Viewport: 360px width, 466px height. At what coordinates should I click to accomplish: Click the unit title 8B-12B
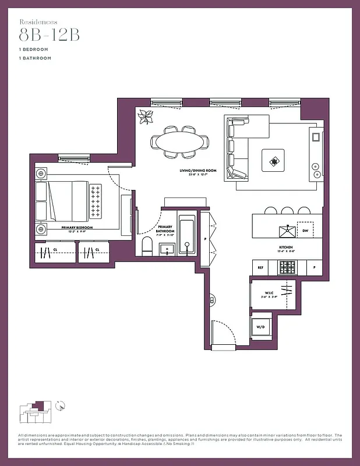pyautogui.click(x=48, y=34)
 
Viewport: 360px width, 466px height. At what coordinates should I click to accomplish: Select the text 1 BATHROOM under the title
pyautogui.click(x=34, y=58)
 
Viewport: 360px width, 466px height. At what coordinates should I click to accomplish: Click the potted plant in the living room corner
pyautogui.click(x=144, y=118)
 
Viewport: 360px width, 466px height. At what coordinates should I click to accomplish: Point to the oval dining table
pyautogui.click(x=179, y=142)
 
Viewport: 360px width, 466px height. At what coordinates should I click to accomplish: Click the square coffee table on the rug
pyautogui.click(x=273, y=160)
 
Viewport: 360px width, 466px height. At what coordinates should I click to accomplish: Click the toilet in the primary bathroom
pyautogui.click(x=147, y=246)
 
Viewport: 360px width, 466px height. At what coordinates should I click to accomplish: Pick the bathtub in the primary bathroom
pyautogui.click(x=188, y=236)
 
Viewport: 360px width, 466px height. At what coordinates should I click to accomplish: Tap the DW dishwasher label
pyautogui.click(x=306, y=231)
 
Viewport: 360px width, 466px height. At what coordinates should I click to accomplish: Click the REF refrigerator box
pyautogui.click(x=260, y=267)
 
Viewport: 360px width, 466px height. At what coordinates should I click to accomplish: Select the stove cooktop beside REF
pyautogui.click(x=286, y=267)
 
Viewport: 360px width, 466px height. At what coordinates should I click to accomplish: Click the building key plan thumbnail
pyautogui.click(x=37, y=412)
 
